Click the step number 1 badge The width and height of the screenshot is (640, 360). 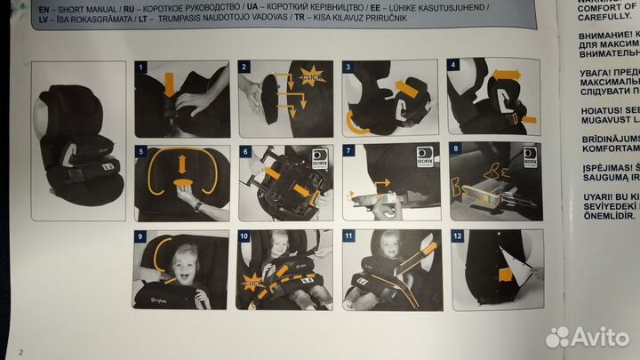(x=140, y=67)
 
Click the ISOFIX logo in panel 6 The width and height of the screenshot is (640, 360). (x=319, y=159)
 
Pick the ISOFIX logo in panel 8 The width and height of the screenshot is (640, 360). (x=531, y=156)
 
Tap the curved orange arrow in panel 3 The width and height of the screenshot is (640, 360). (x=355, y=121)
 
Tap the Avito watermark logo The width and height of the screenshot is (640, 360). (x=588, y=337)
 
